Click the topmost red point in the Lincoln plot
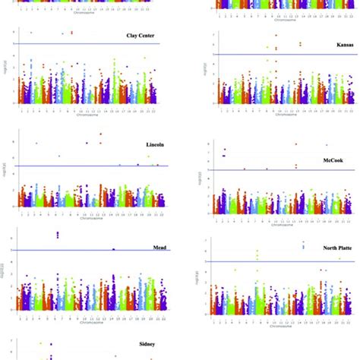(100, 134)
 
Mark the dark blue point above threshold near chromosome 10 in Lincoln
(87, 143)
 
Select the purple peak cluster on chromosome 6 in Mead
(58, 235)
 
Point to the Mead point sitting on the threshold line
(113, 249)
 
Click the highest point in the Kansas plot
(276, 35)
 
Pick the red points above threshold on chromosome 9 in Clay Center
(71, 33)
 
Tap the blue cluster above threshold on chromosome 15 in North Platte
(303, 245)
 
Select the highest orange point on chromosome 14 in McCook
(296, 144)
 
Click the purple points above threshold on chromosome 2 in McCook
(224, 153)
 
